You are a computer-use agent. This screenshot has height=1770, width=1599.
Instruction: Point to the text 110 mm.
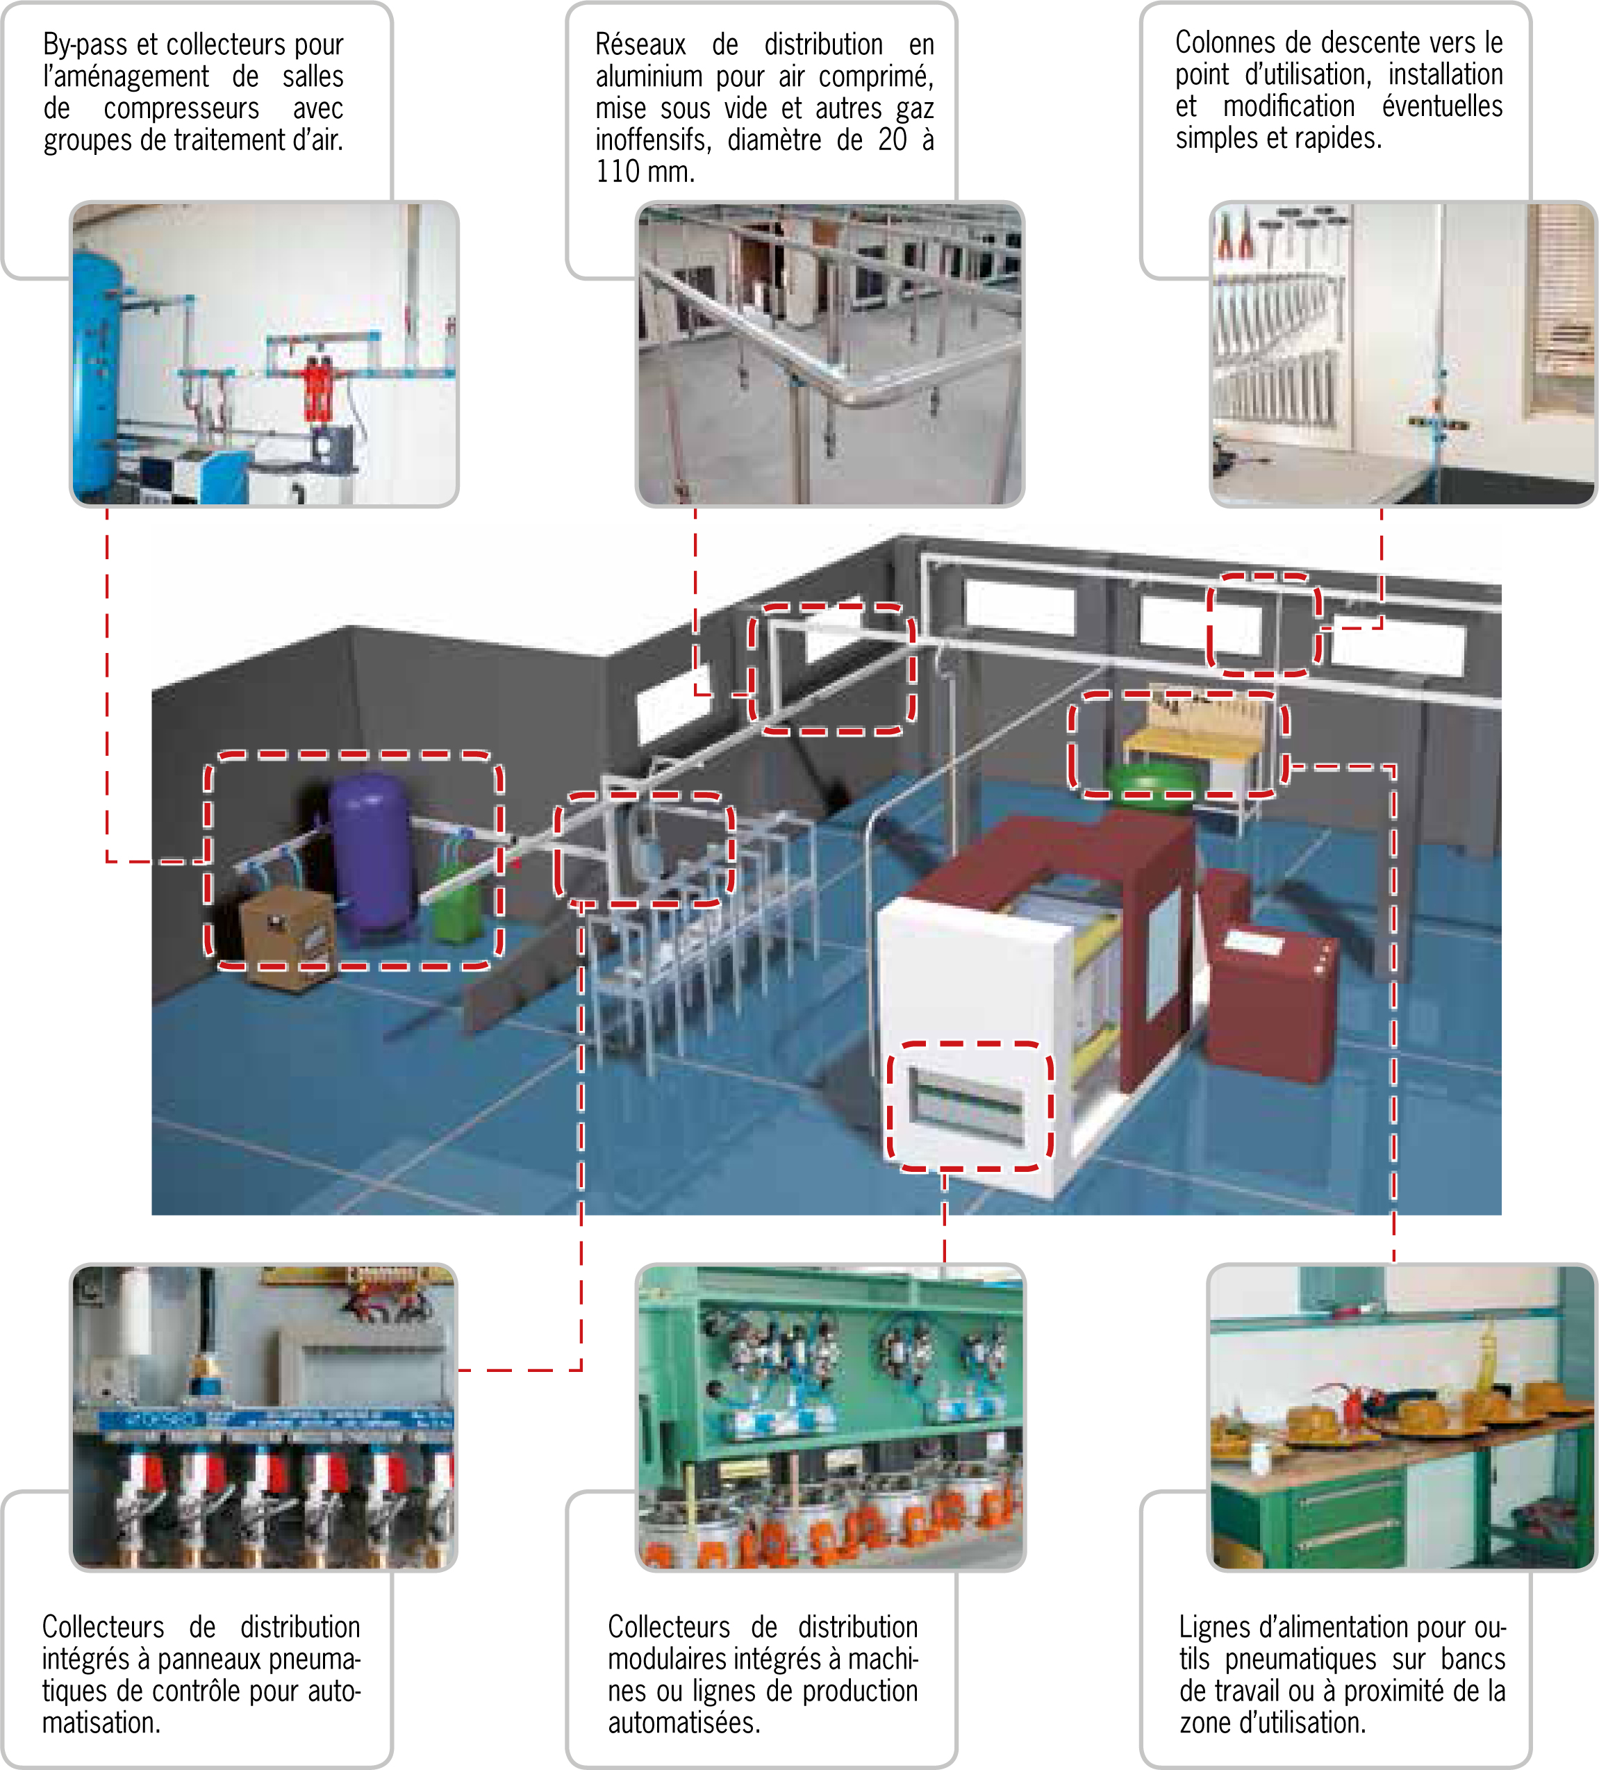pyautogui.click(x=645, y=171)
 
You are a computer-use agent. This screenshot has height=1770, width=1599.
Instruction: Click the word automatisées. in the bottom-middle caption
pyautogui.click(x=684, y=1723)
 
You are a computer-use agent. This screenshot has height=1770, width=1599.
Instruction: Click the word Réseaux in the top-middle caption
pyautogui.click(x=640, y=44)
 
